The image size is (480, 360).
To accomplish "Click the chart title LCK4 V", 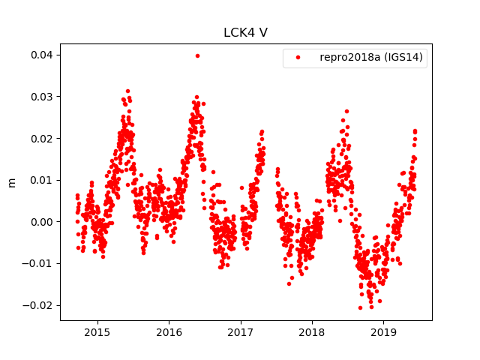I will click(246, 33).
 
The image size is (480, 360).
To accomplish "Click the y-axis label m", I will click(11, 182).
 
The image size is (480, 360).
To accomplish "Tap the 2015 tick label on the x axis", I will click(97, 332).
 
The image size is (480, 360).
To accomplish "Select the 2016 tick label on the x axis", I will click(169, 332).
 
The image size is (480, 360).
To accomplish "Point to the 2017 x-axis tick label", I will click(241, 332).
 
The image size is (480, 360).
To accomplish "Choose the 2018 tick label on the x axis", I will click(312, 332).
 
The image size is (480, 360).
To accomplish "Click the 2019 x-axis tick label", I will click(384, 332).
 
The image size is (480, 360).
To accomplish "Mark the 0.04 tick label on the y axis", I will click(41, 55).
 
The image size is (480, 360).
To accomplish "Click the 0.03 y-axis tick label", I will click(41, 97).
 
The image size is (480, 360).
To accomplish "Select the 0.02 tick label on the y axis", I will click(41, 138).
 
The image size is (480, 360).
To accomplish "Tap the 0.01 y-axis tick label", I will click(41, 180).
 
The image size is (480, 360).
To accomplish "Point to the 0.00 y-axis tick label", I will click(41, 221).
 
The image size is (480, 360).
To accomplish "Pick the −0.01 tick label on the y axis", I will click(39, 263).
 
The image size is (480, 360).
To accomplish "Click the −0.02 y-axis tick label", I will click(39, 305).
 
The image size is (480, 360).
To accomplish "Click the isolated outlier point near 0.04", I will click(197, 55).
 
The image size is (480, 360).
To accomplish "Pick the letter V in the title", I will click(264, 33).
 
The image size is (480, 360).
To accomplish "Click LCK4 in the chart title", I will click(240, 33).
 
